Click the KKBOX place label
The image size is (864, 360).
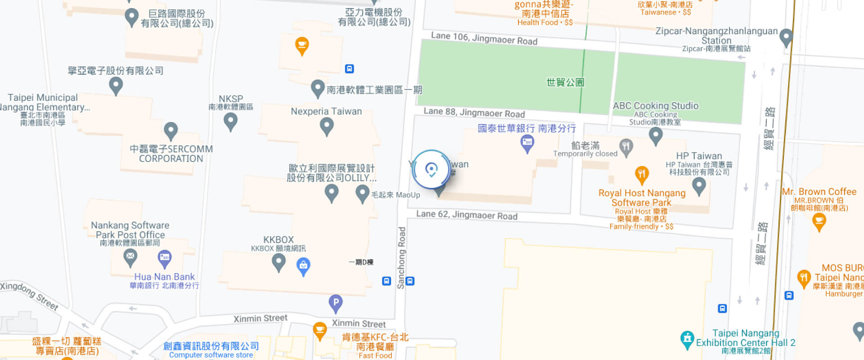278,240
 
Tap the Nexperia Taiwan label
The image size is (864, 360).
326,111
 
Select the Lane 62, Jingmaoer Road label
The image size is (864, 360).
467,215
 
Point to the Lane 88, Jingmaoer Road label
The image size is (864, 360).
474,112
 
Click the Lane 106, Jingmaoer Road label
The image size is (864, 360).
484,38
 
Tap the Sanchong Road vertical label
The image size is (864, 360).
401,257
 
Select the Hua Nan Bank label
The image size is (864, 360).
164,277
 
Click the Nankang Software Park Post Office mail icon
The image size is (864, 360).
130,257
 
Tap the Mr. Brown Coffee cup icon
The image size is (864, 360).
819,220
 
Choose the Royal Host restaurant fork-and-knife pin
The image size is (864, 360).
642,174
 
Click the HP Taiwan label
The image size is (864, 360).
699,156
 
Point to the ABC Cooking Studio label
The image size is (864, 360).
655,106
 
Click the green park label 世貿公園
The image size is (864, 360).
565,82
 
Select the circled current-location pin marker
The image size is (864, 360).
431,170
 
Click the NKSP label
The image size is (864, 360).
230,99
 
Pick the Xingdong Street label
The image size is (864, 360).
29,296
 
